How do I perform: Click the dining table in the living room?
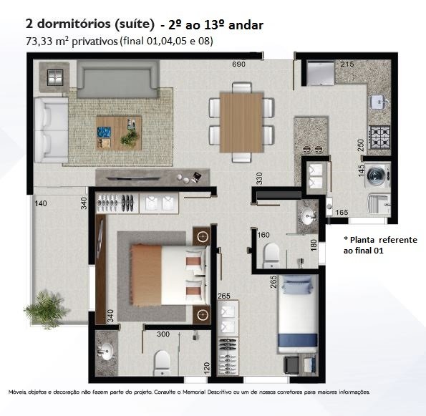tap(241, 122)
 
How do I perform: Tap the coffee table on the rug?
tap(119, 133)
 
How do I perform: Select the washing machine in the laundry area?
tap(377, 175)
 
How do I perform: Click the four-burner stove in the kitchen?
tap(379, 137)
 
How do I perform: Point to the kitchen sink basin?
tap(379, 102)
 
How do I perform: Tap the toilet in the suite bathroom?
tap(162, 363)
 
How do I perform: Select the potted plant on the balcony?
tap(47, 309)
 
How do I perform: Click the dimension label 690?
tap(239, 64)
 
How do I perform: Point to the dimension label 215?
tap(347, 64)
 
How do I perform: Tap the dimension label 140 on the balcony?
tap(41, 203)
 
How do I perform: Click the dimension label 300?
tap(163, 334)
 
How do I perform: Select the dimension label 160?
tap(263, 235)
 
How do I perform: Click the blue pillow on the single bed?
tap(297, 284)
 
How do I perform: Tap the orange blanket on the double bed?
tap(145, 275)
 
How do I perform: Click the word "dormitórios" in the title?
tap(74, 24)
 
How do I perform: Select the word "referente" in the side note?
tap(398, 240)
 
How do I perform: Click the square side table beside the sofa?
tap(55, 77)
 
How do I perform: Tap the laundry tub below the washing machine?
tap(379, 205)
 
